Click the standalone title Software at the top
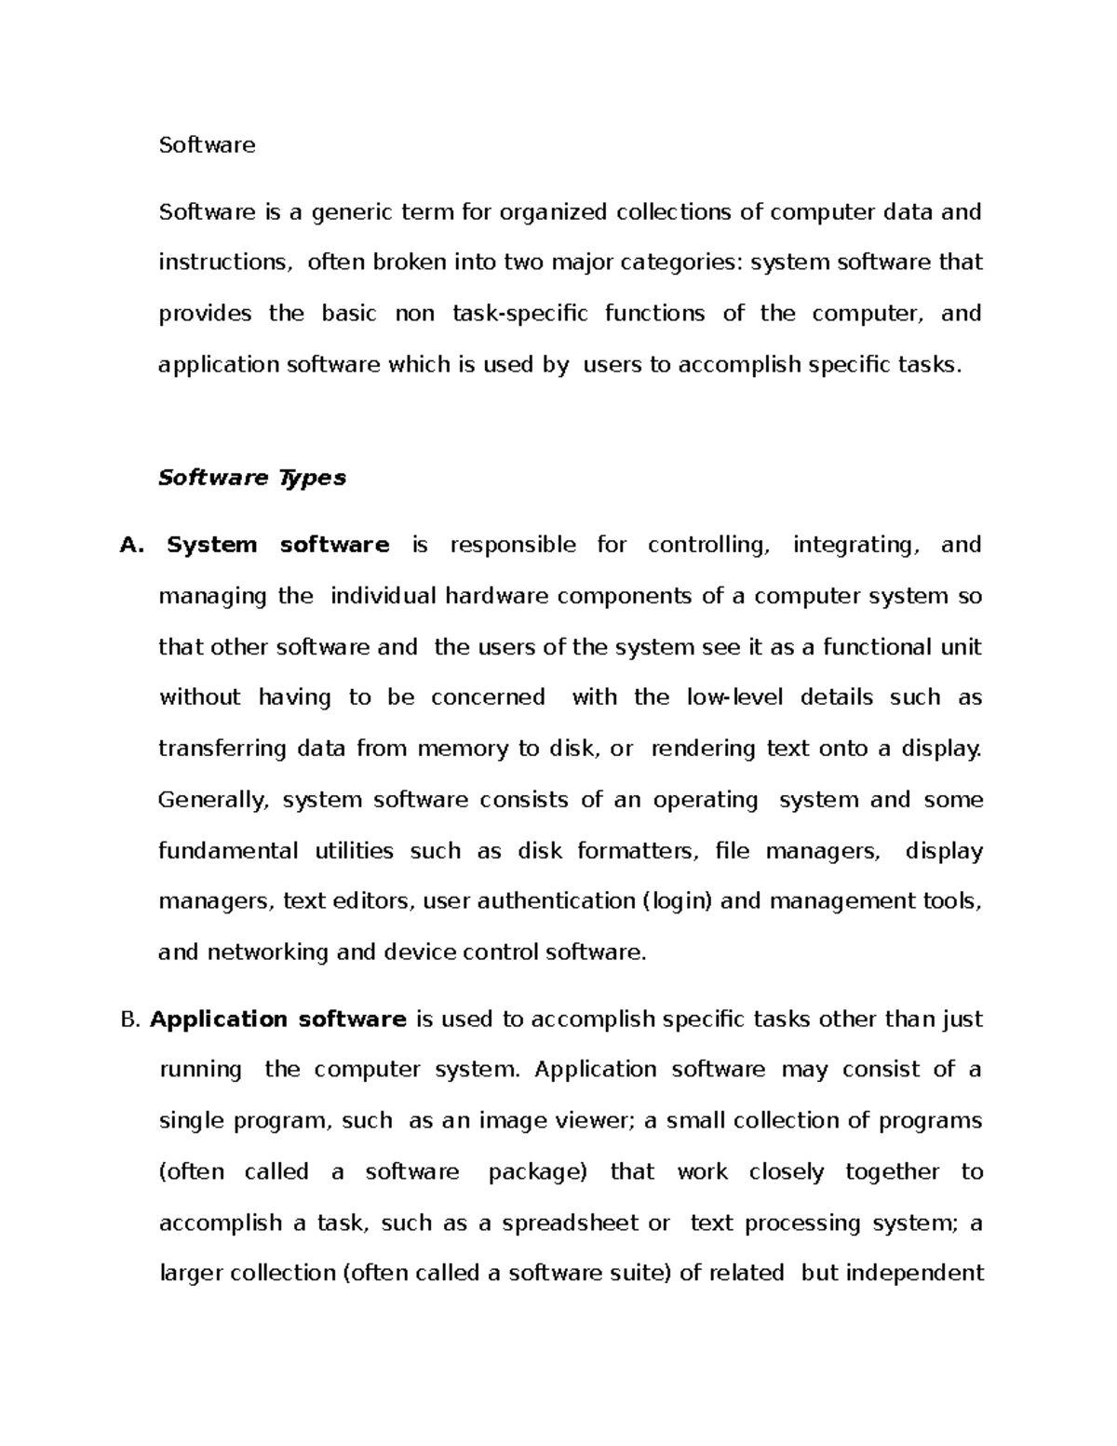pos(207,145)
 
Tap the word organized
pos(553,213)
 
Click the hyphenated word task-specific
pos(519,314)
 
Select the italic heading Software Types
pos(252,478)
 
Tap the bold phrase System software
pos(277,546)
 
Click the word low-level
pos(735,697)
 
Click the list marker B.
pos(129,1020)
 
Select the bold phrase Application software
pos(278,1020)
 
